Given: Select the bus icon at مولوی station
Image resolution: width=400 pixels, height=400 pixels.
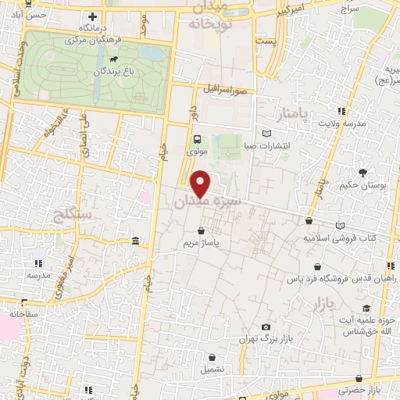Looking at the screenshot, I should coord(197,139).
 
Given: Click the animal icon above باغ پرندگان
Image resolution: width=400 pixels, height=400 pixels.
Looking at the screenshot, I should coord(115,59).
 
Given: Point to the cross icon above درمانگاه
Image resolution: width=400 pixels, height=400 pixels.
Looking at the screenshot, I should coord(93,16).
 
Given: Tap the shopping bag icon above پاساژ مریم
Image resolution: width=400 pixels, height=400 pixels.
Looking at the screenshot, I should coord(202,231).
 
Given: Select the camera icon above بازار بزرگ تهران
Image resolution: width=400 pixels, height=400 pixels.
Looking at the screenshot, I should coord(266,326).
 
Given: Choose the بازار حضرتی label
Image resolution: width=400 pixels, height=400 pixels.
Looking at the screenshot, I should coord(367,388).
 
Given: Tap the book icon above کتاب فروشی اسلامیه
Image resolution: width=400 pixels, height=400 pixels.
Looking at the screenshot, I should coord(339,225).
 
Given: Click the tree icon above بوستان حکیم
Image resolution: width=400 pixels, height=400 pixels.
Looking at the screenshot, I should coord(362,172).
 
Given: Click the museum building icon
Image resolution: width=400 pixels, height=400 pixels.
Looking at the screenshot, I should coord(136,240).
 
